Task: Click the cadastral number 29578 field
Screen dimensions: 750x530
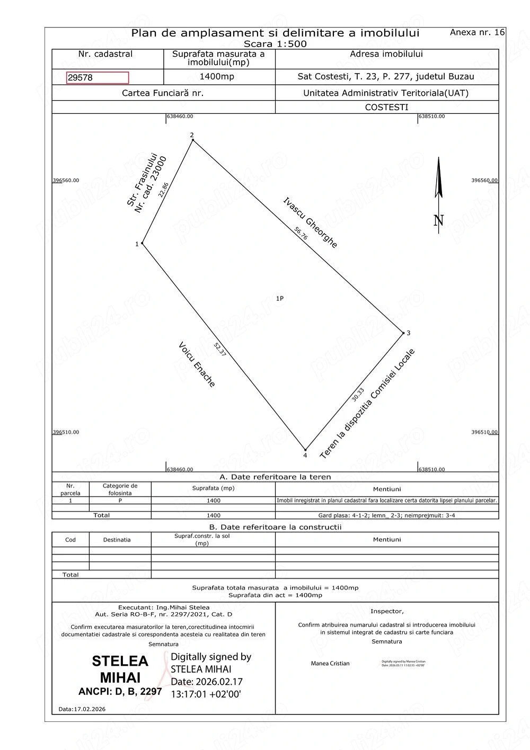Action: click(98, 78)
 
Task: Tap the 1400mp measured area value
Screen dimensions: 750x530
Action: click(217, 77)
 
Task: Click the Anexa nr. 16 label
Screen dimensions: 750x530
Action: click(477, 32)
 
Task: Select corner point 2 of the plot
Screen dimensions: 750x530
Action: click(193, 140)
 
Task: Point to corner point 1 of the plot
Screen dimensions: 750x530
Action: click(143, 243)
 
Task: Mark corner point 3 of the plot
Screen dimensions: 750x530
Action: click(403, 333)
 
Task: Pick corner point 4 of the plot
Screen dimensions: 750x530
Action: click(305, 450)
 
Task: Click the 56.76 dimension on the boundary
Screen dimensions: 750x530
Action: click(301, 234)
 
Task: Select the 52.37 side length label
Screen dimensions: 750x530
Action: click(220, 350)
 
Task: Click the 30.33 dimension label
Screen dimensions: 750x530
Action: click(358, 395)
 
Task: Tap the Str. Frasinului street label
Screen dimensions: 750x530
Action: click(142, 180)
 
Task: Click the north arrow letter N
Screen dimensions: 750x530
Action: click(439, 220)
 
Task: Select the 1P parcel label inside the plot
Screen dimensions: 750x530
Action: click(280, 299)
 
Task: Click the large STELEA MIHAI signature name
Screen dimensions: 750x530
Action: click(120, 669)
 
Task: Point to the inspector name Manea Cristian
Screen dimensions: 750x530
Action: click(330, 664)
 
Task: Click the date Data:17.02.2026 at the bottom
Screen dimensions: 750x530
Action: click(82, 709)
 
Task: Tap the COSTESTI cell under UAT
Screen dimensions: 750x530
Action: click(387, 107)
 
